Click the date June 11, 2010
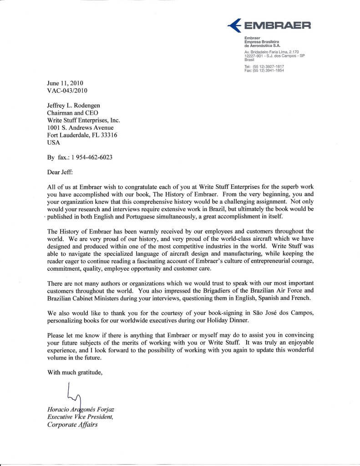pos(66,83)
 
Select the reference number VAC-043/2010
pos(67,91)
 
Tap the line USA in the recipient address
pos(53,142)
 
